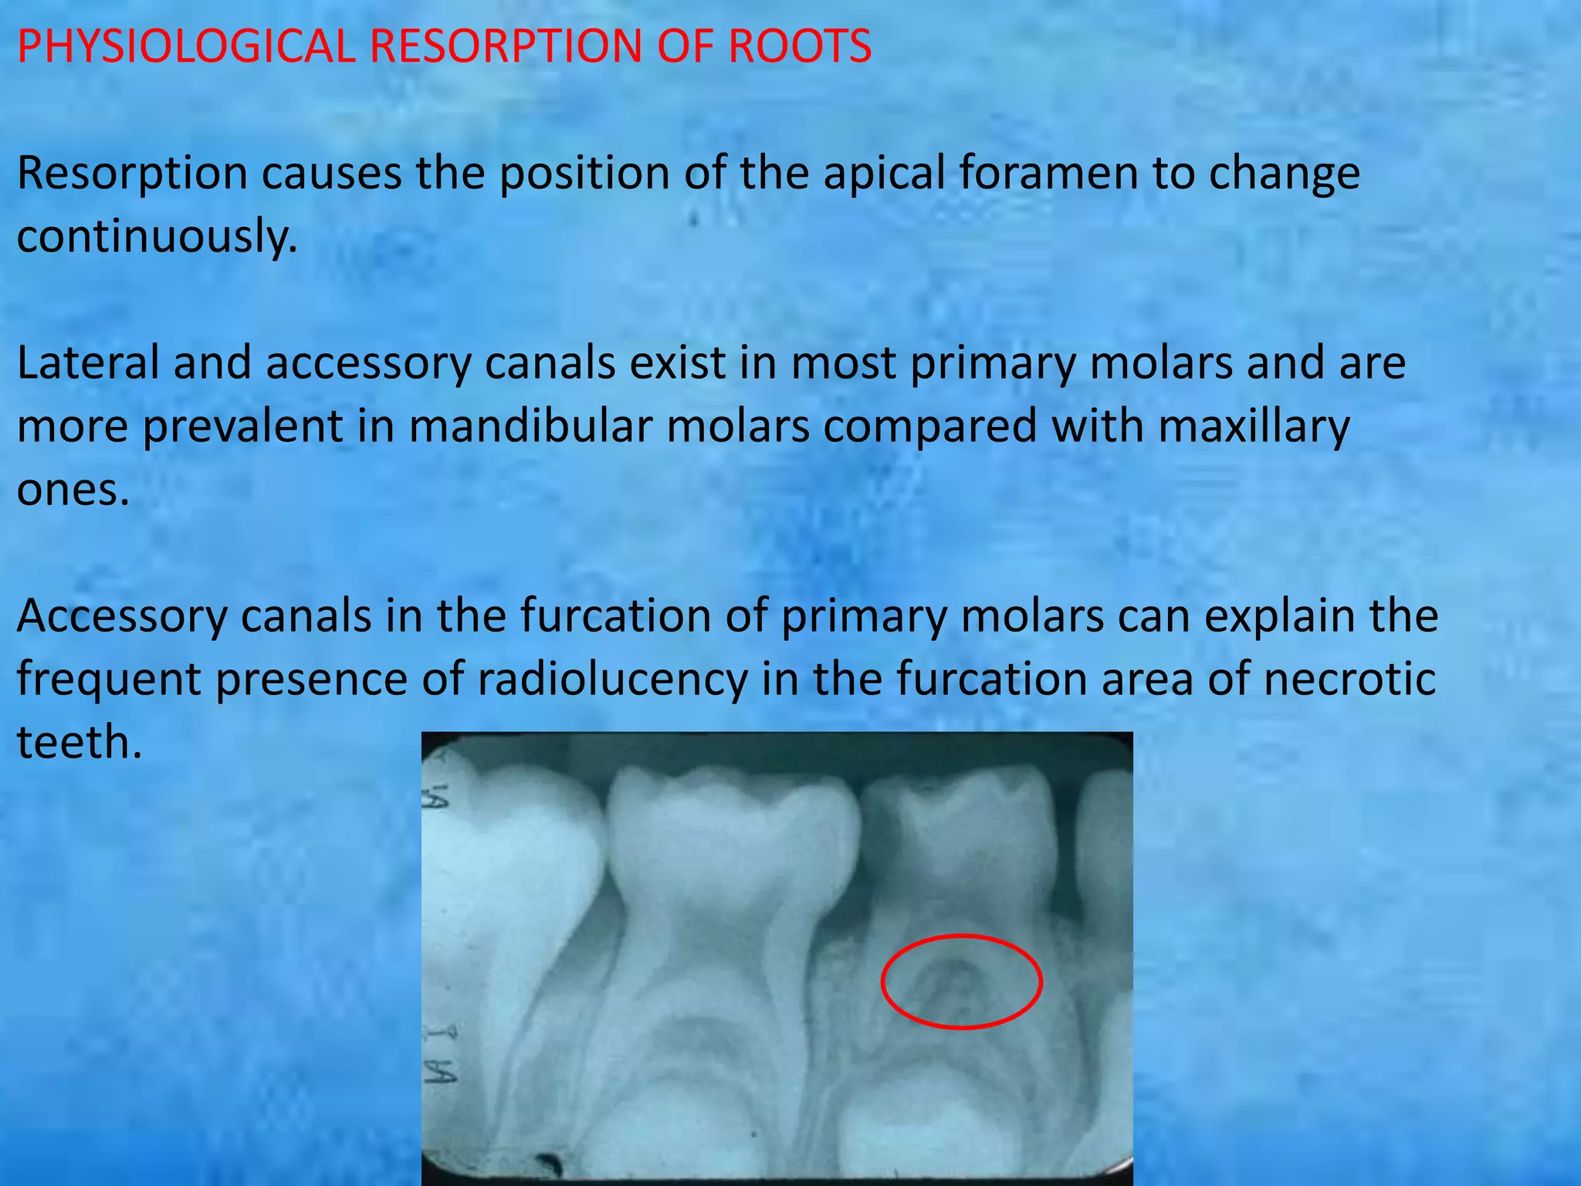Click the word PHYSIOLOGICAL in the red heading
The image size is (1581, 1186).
tap(185, 46)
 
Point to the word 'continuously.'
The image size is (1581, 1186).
tap(157, 236)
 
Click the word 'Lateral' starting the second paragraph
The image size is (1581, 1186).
tap(86, 363)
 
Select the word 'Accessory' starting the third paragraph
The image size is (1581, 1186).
tap(121, 616)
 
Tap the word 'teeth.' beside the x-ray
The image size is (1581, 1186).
tap(80, 743)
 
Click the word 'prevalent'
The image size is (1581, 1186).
tap(242, 426)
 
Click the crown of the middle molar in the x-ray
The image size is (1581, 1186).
tap(733, 834)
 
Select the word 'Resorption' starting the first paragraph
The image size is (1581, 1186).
tap(132, 173)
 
